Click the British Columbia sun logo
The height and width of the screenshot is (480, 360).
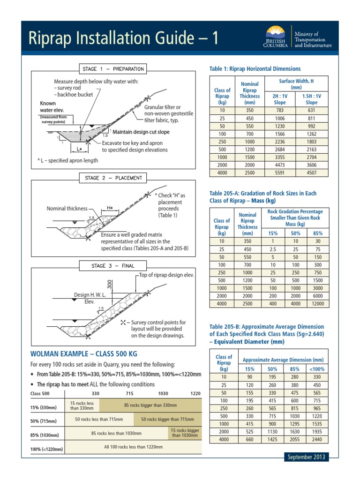pyautogui.click(x=275, y=34)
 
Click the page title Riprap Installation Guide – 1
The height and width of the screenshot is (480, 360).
pyautogui.click(x=123, y=37)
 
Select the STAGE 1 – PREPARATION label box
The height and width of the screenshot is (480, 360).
pyautogui.click(x=113, y=69)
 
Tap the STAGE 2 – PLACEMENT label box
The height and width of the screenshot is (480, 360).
pyautogui.click(x=113, y=178)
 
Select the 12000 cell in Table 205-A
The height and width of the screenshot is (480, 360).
pyautogui.click(x=317, y=304)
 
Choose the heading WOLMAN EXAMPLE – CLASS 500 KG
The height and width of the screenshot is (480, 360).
pyautogui.click(x=84, y=353)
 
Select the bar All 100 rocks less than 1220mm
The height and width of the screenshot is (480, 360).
pyautogui.click(x=134, y=447)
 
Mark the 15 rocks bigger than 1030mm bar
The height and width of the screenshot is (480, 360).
pyautogui.click(x=185, y=433)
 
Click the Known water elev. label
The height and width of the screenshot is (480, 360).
pyautogui.click(x=48, y=106)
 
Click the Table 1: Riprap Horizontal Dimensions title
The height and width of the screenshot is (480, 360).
pyautogui.click(x=255, y=69)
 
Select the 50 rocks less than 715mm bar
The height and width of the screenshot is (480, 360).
pyautogui.click(x=99, y=419)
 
